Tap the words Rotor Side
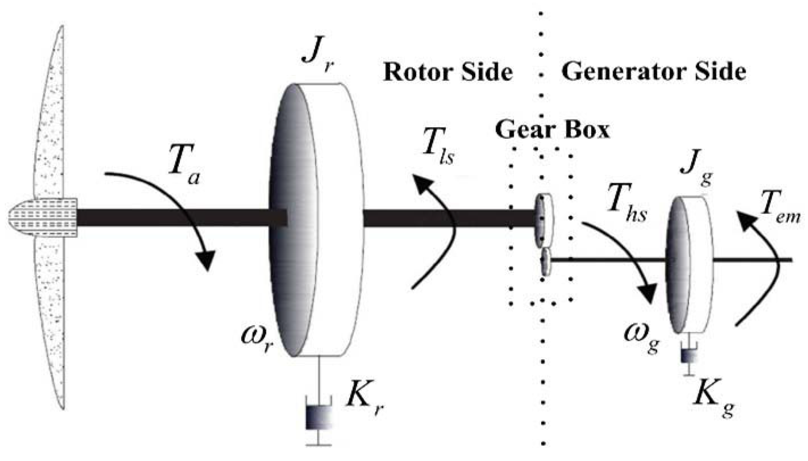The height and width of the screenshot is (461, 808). click(447, 72)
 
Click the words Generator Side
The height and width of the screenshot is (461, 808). click(653, 72)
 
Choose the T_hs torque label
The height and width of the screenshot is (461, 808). click(626, 204)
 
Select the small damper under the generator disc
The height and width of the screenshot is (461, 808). click(689, 356)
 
